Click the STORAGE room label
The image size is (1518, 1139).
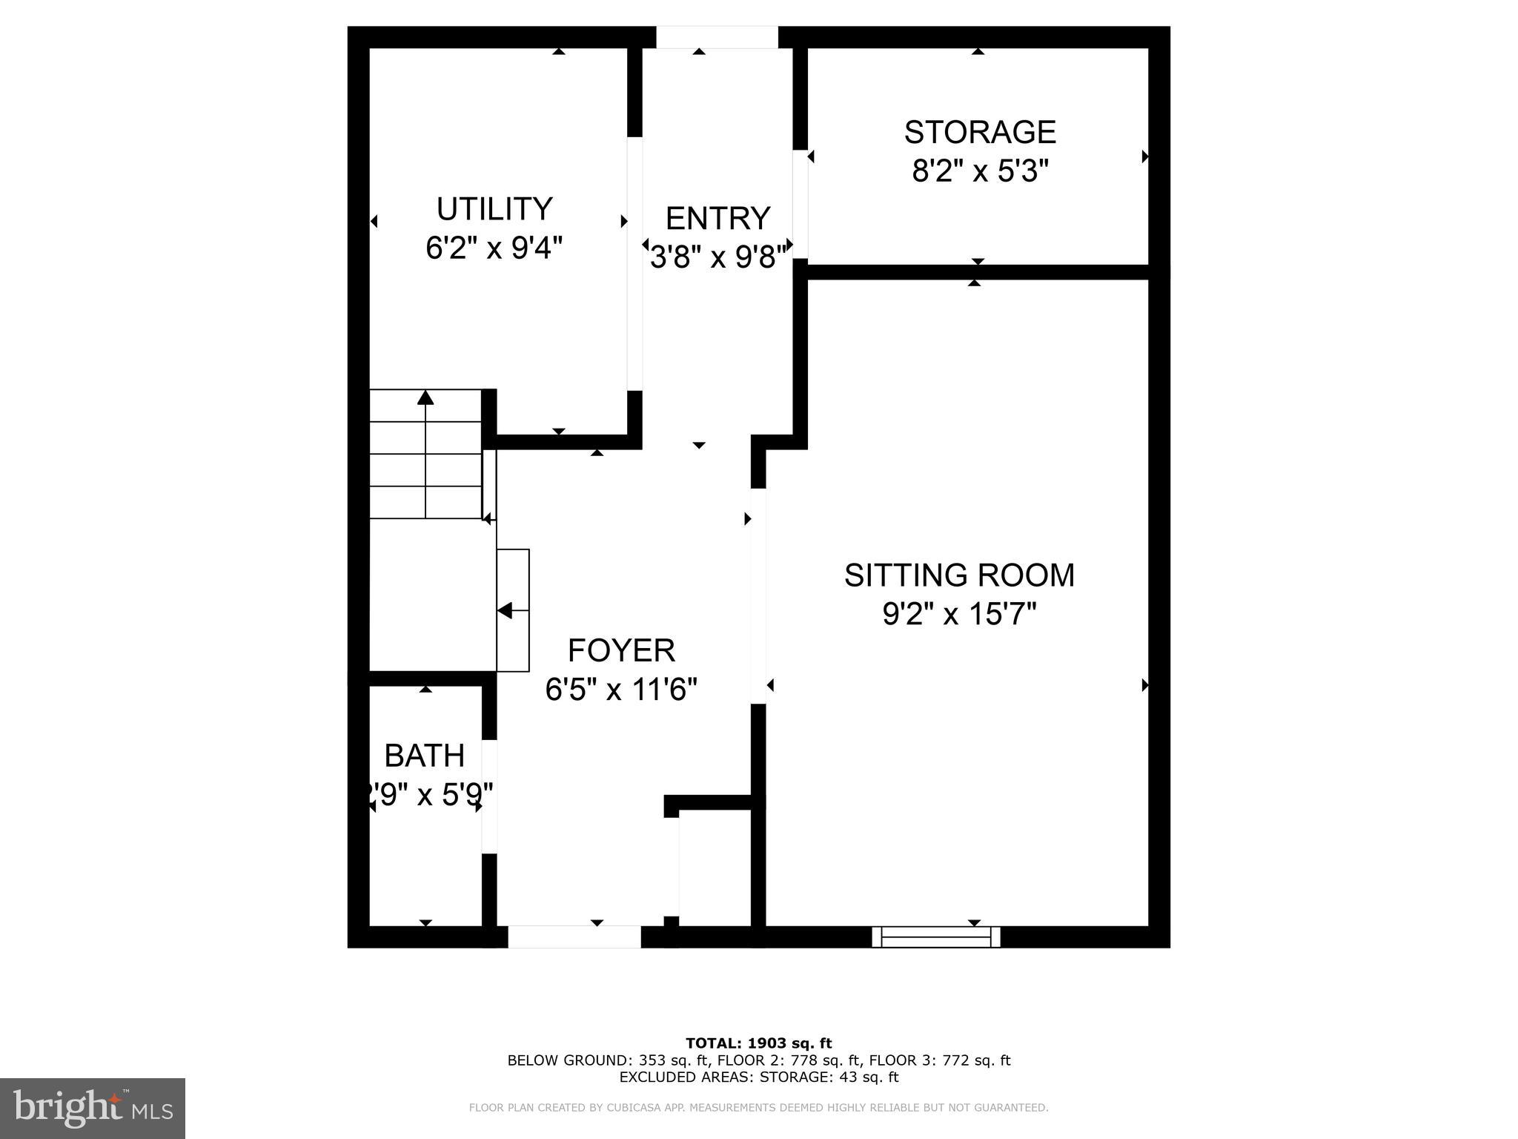pos(979,132)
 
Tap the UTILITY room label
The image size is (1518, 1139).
pos(494,209)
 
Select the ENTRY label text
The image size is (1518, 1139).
pos(717,219)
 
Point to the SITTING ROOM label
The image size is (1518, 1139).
pos(959,575)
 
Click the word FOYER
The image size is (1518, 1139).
pos(621,650)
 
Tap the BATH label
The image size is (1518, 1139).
pos(425,756)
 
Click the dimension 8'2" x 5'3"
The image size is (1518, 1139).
pos(980,171)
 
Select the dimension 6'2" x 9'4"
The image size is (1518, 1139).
pos(494,248)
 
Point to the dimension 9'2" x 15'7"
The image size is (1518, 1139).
pos(959,614)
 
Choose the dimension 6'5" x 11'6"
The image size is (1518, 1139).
pos(621,690)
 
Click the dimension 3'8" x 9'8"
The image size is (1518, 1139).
pos(717,257)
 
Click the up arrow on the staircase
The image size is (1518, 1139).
pos(425,398)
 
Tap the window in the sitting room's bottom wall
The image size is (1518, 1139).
pos(936,937)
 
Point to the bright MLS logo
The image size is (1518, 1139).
pos(93,1108)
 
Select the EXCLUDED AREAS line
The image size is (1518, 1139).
pos(758,1077)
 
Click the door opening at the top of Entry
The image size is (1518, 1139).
pos(717,37)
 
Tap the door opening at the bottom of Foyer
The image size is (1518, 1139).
pos(574,937)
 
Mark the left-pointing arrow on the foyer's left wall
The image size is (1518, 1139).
pos(506,611)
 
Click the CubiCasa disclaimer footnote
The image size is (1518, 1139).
pos(758,1108)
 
